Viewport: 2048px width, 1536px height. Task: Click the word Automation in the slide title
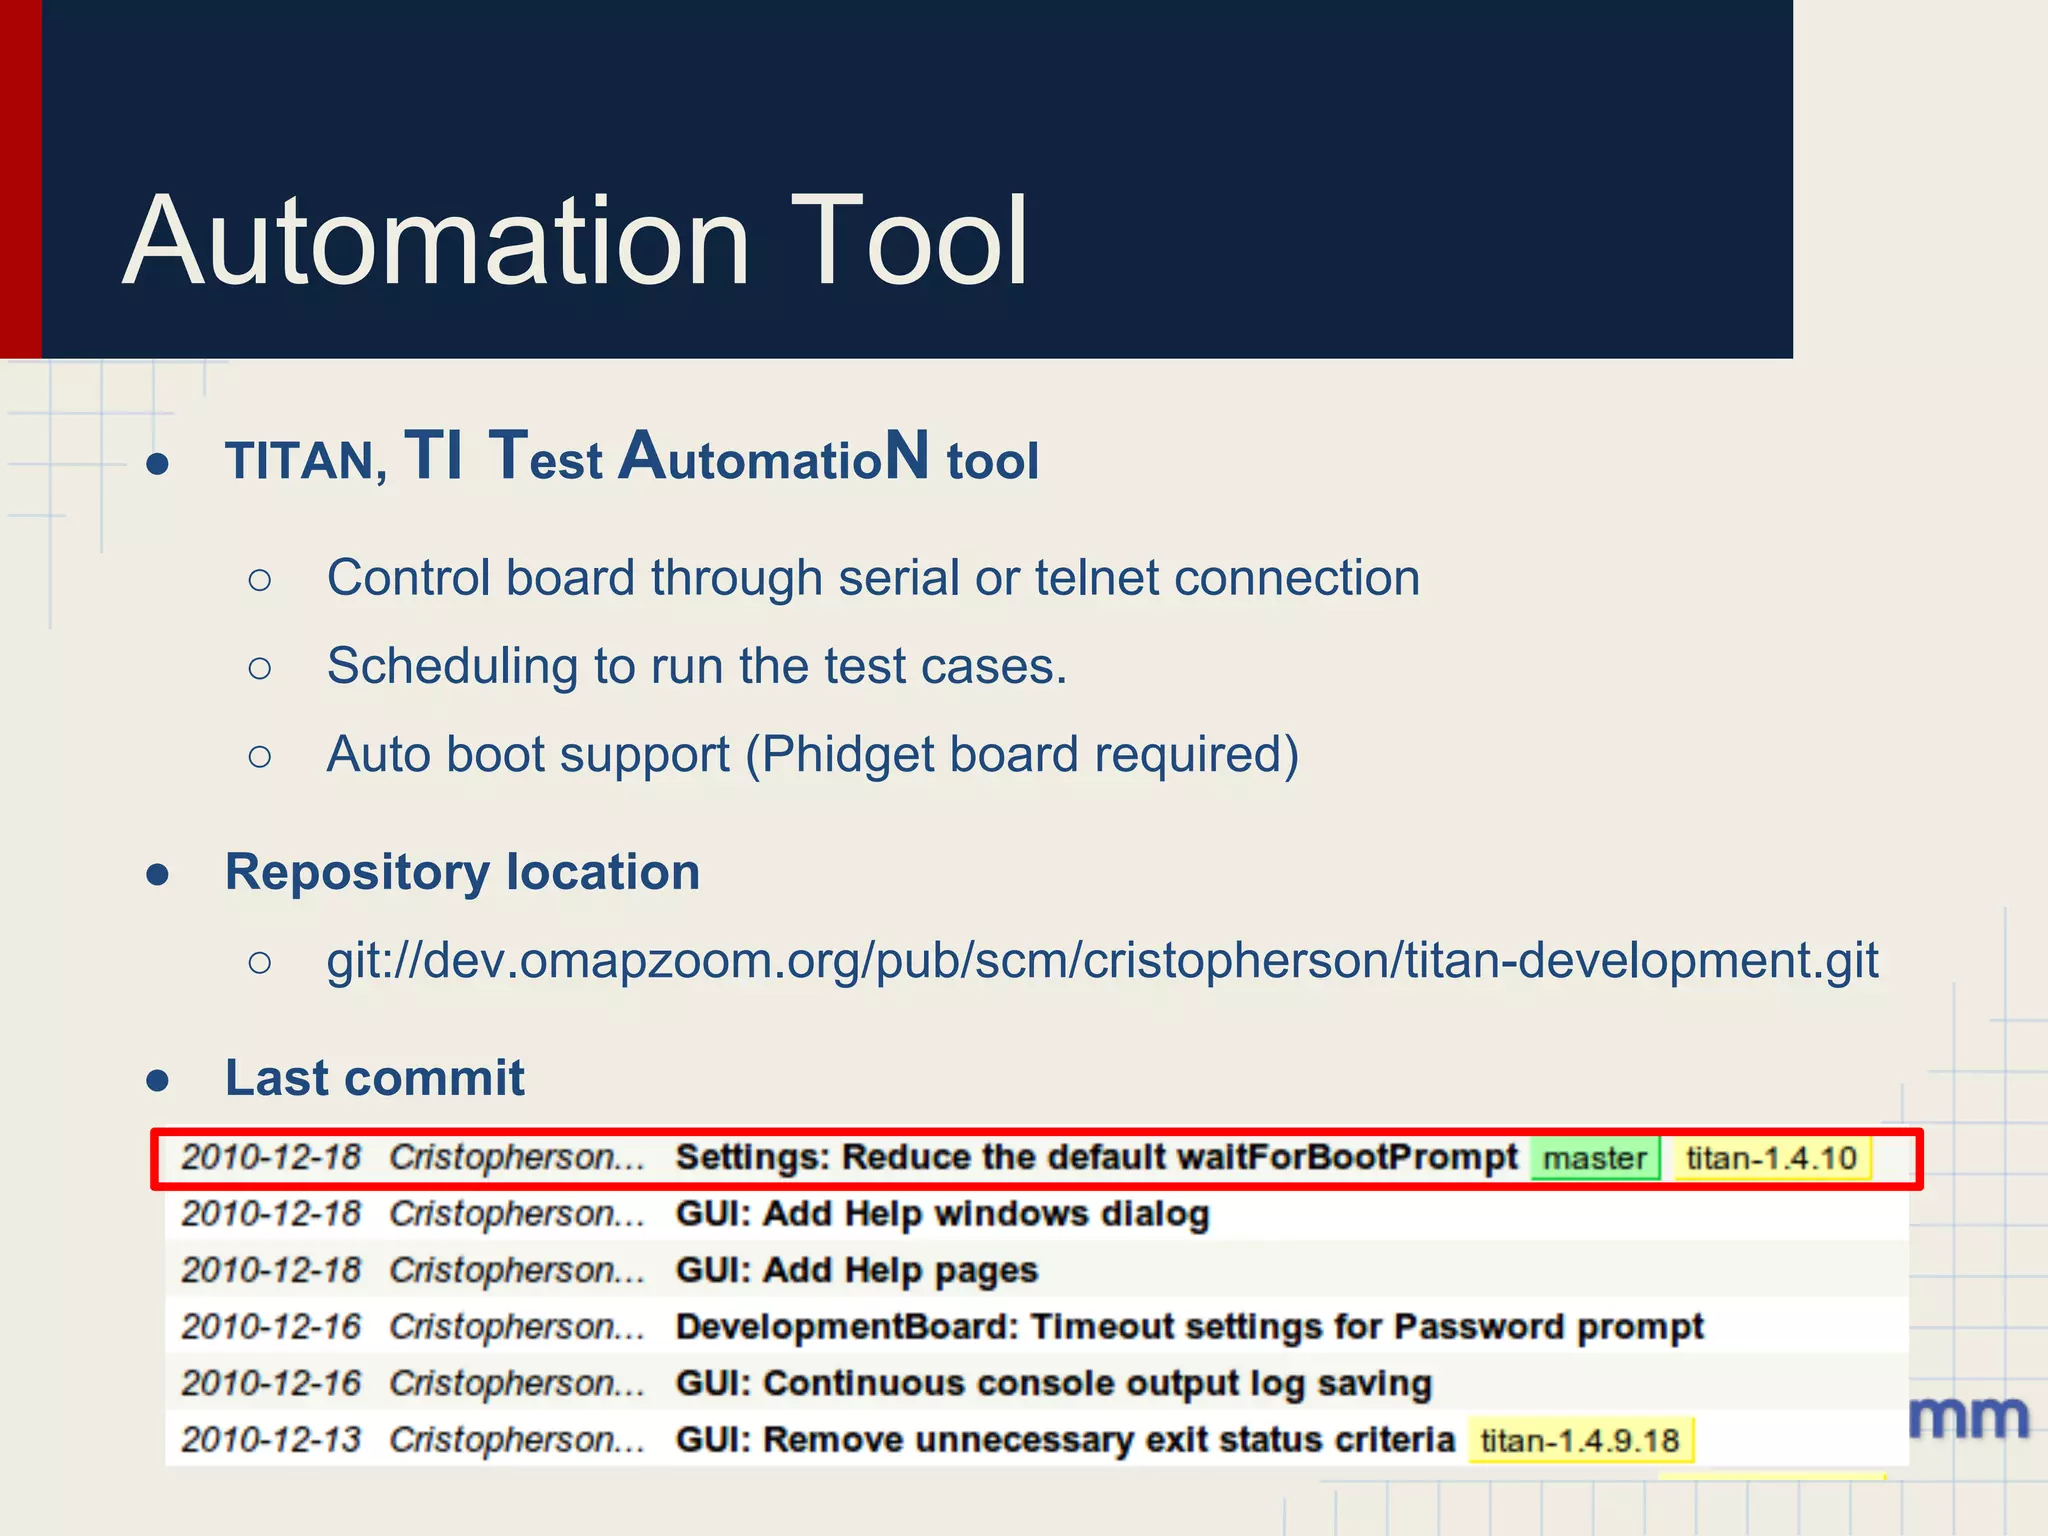tap(436, 242)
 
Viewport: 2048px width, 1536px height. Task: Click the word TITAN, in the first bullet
tap(306, 462)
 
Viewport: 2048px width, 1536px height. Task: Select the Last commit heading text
tap(374, 1078)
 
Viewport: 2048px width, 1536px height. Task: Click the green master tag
tap(1594, 1159)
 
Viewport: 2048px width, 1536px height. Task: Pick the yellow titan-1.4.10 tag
tap(1771, 1159)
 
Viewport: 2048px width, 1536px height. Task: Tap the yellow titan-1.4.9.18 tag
tap(1579, 1441)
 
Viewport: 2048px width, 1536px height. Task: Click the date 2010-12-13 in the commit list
tap(270, 1440)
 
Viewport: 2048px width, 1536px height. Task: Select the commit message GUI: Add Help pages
tap(856, 1271)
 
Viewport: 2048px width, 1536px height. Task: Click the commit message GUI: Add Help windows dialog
tap(942, 1214)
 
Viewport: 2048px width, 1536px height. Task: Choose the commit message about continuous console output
tap(1053, 1384)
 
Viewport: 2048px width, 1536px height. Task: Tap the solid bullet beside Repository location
tap(158, 875)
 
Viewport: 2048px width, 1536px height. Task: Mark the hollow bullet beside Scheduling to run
tap(259, 668)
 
